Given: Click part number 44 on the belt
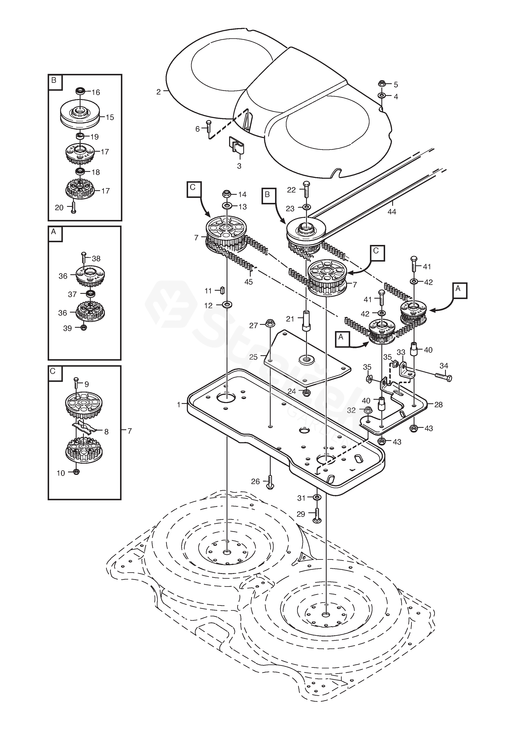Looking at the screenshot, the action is (392, 211).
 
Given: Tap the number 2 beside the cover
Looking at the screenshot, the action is (158, 92).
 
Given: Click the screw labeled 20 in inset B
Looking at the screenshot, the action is (73, 207).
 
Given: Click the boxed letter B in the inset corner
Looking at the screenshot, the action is (53, 81).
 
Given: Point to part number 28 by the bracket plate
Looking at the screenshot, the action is (438, 405).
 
